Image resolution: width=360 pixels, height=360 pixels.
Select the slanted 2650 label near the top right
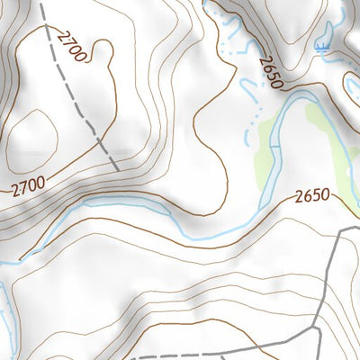coord(269,72)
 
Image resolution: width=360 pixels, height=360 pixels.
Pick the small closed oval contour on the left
coord(34,132)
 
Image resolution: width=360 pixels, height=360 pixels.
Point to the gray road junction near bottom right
coord(319,328)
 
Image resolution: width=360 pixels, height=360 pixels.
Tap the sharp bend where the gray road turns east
coord(340,233)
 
